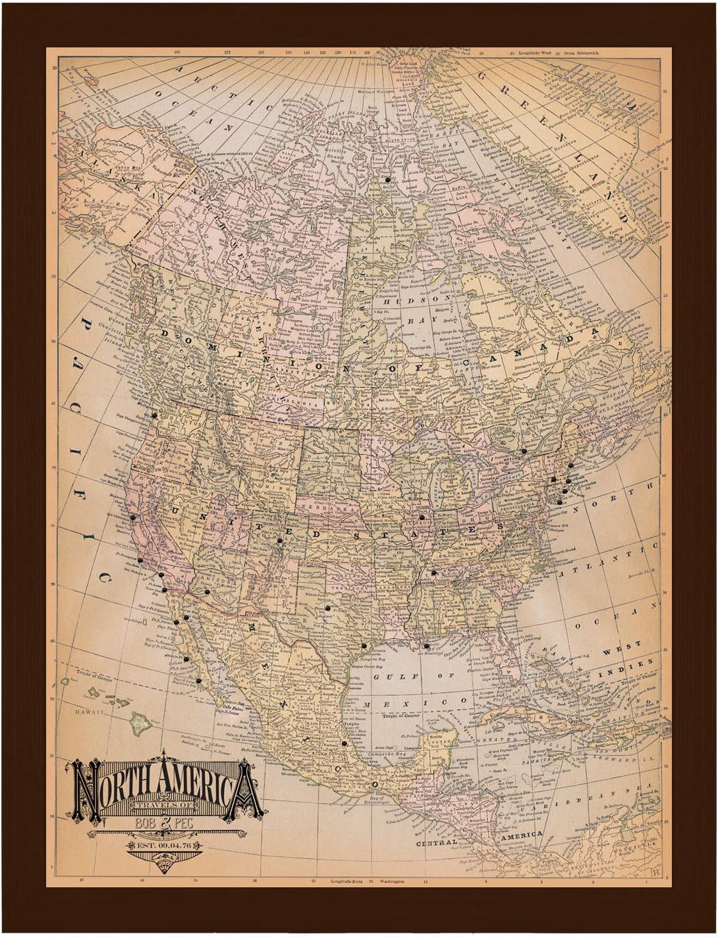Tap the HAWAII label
tap(85, 712)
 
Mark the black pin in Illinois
tap(422, 517)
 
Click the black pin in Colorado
tap(279, 540)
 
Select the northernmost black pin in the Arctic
tap(389, 179)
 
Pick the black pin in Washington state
tap(153, 415)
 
